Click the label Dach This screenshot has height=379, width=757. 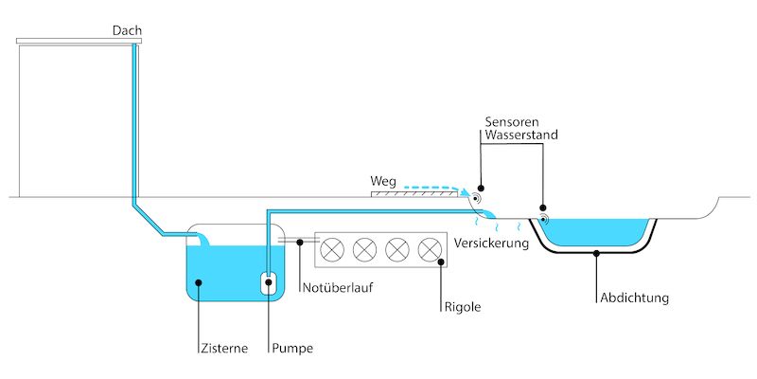click(x=127, y=31)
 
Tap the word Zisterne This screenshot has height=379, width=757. click(x=224, y=348)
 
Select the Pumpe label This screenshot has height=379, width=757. click(x=290, y=348)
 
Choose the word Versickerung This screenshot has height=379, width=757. click(x=490, y=244)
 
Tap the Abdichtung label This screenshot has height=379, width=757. click(x=634, y=298)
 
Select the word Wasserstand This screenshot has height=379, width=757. click(x=521, y=136)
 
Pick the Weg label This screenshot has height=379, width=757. click(x=382, y=179)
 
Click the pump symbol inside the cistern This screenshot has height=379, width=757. click(x=269, y=281)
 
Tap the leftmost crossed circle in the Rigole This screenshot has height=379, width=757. click(x=332, y=249)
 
